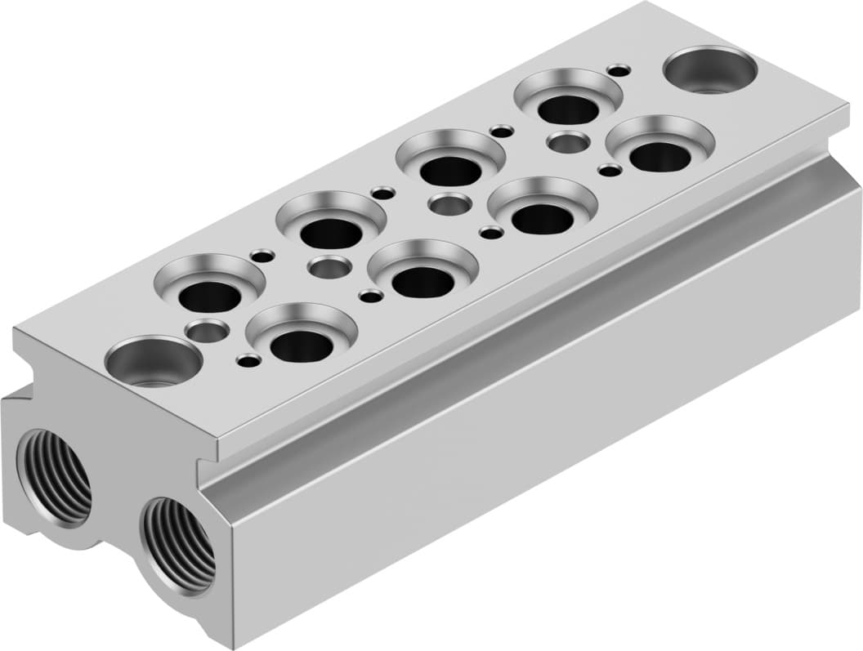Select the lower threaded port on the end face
(x=177, y=543)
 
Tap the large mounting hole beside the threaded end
(x=154, y=362)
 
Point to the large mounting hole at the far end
(x=709, y=69)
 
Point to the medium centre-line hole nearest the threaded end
(x=207, y=331)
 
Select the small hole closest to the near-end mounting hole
(x=248, y=359)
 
